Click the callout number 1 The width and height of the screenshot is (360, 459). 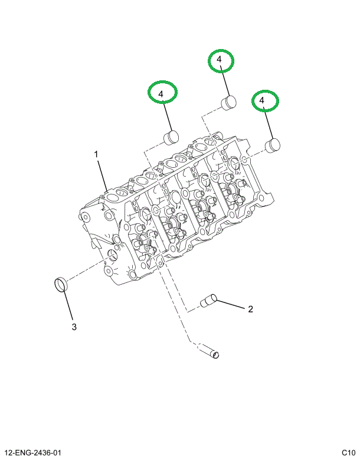[x=97, y=155]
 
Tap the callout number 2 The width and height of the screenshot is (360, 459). [x=250, y=309]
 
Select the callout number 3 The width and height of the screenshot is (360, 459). [x=74, y=327]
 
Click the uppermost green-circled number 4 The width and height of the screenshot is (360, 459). [x=220, y=60]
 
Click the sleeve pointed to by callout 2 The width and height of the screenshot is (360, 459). [x=209, y=302]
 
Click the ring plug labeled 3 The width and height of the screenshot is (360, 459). [x=60, y=284]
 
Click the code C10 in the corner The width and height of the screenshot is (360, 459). [x=348, y=453]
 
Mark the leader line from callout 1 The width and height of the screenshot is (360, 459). [x=103, y=175]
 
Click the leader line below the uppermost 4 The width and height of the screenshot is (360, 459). [x=224, y=82]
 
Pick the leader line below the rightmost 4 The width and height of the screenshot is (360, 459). [x=269, y=124]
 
